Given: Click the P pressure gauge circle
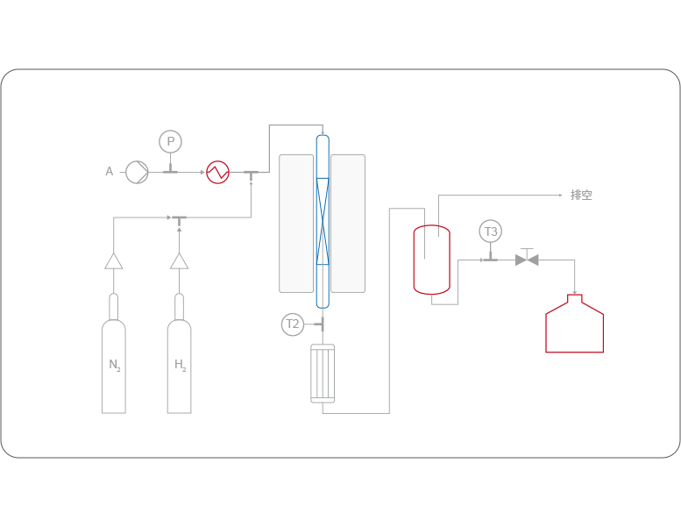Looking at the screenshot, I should point(170,141).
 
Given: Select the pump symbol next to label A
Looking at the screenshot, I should point(137,172).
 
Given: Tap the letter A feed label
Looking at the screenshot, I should point(110,172).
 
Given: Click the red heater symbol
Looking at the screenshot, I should point(216,172).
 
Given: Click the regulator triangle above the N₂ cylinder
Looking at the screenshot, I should point(114,260).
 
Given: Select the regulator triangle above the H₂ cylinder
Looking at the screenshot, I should point(179,260).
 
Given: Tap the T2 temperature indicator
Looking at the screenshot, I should point(293,324).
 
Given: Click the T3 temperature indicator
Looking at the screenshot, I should point(490,231).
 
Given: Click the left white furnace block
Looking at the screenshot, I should point(296,224).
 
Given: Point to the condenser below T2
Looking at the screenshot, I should point(323,374).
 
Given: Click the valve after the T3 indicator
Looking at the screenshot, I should point(527,259).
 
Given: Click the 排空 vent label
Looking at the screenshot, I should point(581,195).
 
